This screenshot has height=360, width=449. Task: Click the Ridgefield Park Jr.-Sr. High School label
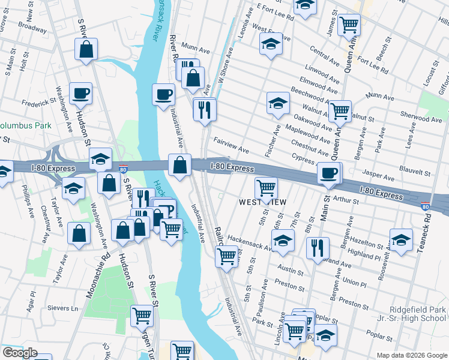[408, 314]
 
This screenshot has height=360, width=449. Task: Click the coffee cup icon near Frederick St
[80, 93]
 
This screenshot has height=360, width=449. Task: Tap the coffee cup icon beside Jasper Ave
[328, 173]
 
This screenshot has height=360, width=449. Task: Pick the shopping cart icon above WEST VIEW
[266, 187]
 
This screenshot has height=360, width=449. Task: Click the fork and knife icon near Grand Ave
[318, 247]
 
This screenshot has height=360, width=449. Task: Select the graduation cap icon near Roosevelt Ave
[401, 240]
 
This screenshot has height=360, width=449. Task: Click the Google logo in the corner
[19, 353]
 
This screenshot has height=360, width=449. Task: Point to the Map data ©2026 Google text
[411, 355]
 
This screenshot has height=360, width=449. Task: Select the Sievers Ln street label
[66, 308]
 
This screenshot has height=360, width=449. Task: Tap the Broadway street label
[32, 28]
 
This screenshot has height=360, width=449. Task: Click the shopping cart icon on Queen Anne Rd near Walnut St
[340, 110]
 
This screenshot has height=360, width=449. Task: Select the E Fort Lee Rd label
[275, 12]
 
